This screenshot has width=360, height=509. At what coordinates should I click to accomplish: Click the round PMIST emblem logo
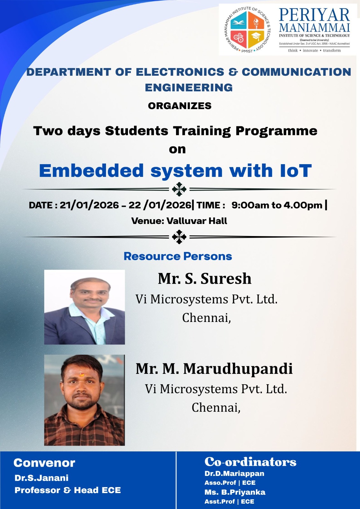coord(247,30)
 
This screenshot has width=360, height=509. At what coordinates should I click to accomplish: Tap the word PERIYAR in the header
coord(314,15)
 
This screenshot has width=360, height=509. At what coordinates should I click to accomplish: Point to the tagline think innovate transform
coord(314,51)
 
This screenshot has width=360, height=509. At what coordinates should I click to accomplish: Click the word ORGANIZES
coord(180,106)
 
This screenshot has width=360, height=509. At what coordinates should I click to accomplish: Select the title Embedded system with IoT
coord(175,171)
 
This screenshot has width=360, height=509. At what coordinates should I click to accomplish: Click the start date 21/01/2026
coord(89,205)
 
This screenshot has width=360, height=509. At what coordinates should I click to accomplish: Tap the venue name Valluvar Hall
coord(197,221)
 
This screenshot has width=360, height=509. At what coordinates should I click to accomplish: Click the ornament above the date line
coord(179,189)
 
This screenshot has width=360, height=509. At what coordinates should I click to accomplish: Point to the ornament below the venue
coord(179,237)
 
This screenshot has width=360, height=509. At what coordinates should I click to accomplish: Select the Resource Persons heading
coord(178,256)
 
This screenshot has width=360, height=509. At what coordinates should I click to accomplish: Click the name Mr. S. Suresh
coord(205,278)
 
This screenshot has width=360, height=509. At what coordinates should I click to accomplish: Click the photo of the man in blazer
coord(85,307)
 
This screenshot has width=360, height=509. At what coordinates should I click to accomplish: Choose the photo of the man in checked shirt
coord(84,400)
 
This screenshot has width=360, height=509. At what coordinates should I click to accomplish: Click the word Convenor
coord(44,463)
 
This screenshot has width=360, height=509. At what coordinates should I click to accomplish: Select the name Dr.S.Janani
coord(42,478)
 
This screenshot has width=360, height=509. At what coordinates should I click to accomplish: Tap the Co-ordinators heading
coord(251,462)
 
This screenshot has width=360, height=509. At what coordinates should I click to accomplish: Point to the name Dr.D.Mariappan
coord(234,474)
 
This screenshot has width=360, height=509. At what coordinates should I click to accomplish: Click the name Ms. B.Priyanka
coord(235,492)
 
